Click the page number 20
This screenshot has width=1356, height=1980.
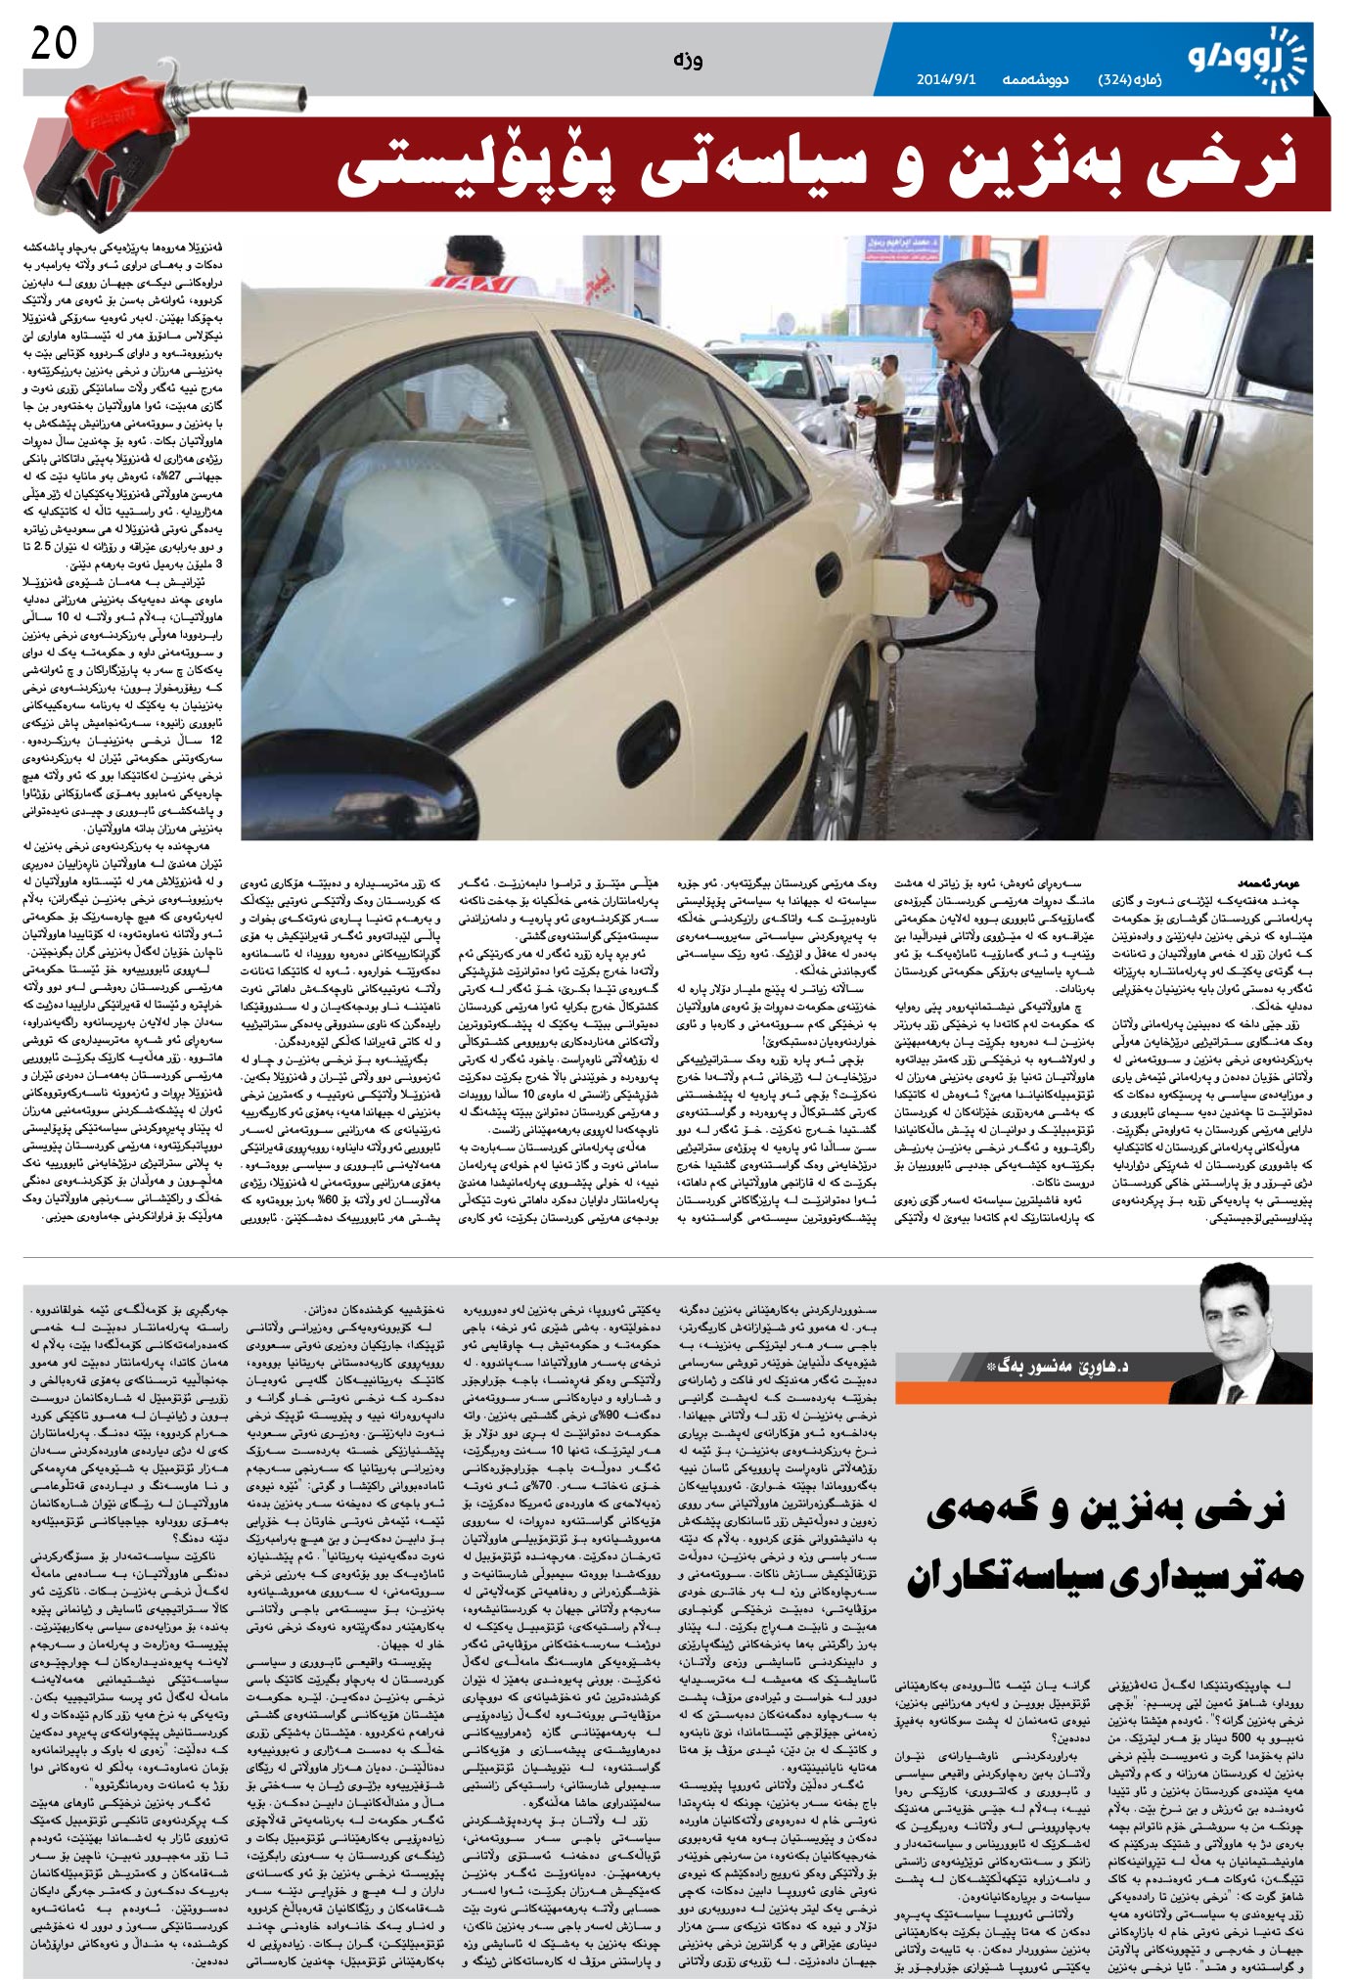(54, 44)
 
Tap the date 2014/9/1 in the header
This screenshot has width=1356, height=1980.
(946, 79)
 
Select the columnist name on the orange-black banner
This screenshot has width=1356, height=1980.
(1057, 1366)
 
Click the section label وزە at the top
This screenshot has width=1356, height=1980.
(688, 61)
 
